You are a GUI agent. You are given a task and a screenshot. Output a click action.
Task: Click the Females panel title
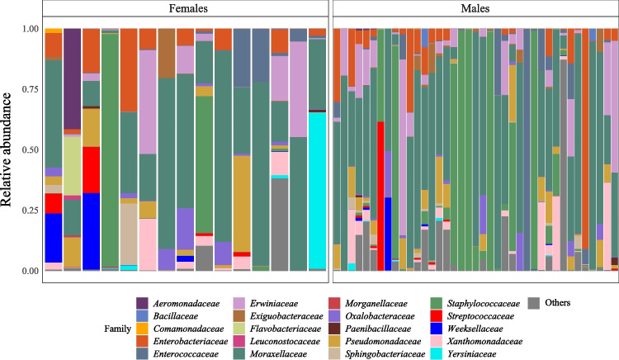(x=188, y=8)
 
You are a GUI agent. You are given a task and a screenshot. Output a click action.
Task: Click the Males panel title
(x=475, y=8)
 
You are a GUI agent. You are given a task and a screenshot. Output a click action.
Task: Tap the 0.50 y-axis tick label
(x=31, y=150)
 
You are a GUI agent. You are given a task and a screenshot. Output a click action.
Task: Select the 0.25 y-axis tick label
(x=31, y=211)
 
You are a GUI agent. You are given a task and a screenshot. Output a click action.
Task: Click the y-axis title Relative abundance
(x=7, y=149)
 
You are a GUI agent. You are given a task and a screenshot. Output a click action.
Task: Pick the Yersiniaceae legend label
(x=471, y=353)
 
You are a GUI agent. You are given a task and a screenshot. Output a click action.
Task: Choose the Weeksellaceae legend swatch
(x=437, y=329)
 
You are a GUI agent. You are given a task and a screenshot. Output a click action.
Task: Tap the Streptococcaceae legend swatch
(x=437, y=316)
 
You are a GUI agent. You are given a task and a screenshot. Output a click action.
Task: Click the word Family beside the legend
(x=118, y=329)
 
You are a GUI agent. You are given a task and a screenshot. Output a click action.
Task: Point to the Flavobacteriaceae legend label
(x=286, y=329)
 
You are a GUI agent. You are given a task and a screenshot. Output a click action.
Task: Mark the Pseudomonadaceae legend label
(x=383, y=342)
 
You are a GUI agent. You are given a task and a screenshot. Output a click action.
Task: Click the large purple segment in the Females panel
(x=73, y=78)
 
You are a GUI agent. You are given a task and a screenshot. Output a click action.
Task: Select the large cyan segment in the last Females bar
(x=317, y=191)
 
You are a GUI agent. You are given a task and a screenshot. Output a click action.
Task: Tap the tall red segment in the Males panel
(x=380, y=197)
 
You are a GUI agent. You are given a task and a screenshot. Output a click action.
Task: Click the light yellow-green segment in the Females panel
(x=73, y=166)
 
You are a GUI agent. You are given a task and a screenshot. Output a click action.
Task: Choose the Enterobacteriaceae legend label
(x=191, y=342)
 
